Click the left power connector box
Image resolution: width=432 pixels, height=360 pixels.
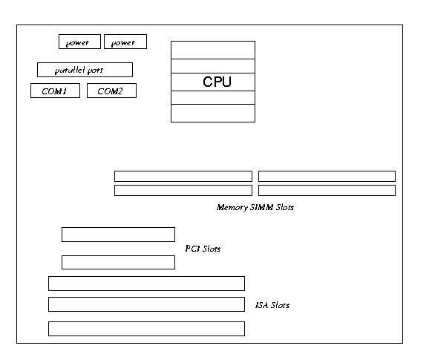79,42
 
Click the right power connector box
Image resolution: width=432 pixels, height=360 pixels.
125,42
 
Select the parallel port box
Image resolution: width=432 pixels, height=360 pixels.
85,70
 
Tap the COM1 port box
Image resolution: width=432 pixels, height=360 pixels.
56,91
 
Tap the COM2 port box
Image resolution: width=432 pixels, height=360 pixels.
111,91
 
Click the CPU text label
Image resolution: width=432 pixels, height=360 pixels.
217,82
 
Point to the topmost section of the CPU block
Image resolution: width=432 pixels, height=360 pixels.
213,50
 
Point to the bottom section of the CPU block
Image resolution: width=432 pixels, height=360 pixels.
213,114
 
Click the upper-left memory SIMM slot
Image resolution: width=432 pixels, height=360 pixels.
183,176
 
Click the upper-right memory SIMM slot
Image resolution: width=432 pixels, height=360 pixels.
327,176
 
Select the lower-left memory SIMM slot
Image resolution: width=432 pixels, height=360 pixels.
183,191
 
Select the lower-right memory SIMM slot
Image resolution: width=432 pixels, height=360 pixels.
327,191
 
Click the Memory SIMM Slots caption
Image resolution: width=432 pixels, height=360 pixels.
255,207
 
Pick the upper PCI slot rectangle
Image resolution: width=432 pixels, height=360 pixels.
118,235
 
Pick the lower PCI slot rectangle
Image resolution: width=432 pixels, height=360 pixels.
118,263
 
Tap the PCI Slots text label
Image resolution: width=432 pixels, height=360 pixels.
203,249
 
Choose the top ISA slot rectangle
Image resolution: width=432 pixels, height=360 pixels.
146,284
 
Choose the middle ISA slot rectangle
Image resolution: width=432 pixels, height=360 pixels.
146,304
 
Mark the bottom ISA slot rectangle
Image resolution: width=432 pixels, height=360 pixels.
146,329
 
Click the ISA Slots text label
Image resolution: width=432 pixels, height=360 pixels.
272,305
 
